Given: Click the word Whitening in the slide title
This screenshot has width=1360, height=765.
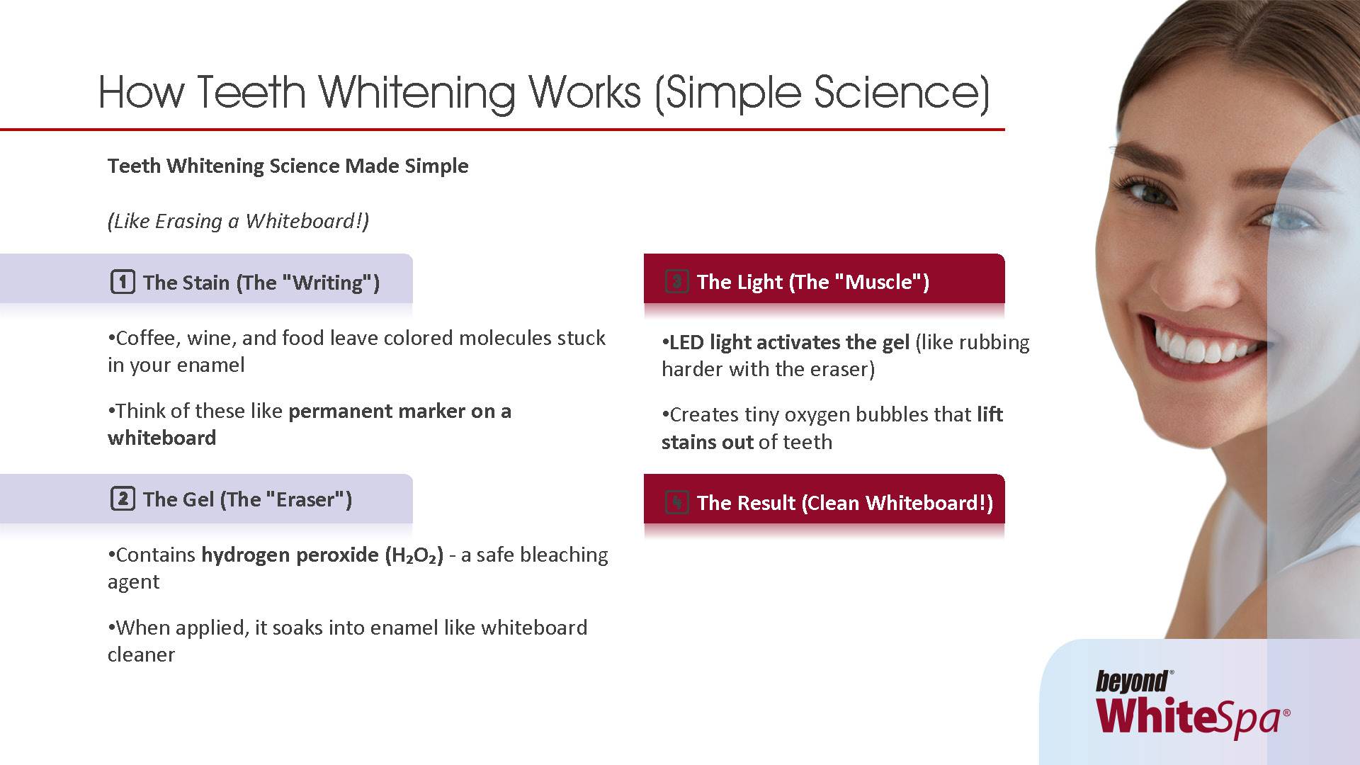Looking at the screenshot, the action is [x=417, y=93].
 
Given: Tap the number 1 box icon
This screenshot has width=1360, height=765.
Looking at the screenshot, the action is [x=123, y=282].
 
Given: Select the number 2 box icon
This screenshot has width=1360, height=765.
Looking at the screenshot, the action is [x=123, y=499].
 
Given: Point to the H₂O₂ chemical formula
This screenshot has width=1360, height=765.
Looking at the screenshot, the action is [x=414, y=555].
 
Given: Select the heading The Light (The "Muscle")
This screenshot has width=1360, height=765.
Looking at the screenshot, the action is [x=812, y=282].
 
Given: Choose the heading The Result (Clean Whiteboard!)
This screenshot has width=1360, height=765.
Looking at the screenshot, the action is [x=845, y=503].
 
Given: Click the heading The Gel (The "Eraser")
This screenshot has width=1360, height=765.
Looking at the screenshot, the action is [x=247, y=499].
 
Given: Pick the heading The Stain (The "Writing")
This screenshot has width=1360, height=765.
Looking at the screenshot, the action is [x=261, y=283].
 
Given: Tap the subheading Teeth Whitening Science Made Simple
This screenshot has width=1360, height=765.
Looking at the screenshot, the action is [x=288, y=166].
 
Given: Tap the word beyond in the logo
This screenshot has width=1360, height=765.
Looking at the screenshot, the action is [x=1132, y=681].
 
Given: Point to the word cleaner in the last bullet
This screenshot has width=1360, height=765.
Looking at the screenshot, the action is [x=141, y=654].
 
